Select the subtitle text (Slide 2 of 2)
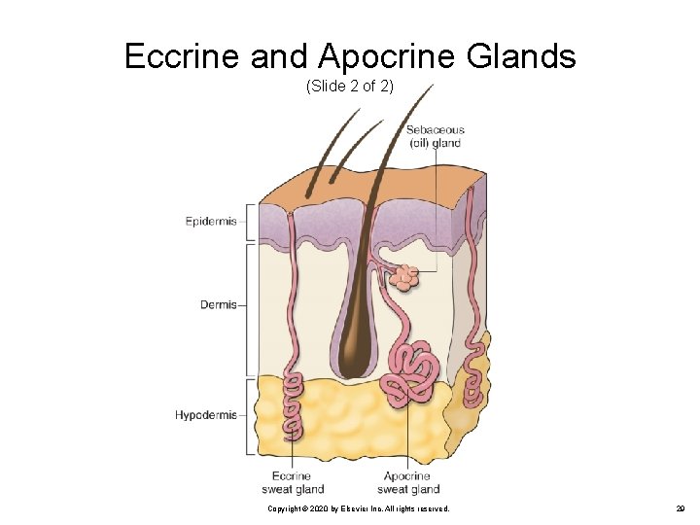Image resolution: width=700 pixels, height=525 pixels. point(349,87)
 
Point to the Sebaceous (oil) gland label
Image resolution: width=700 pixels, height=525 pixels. point(435,136)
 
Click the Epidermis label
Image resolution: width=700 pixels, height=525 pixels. point(211,222)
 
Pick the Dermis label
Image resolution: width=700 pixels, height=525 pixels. point(219,304)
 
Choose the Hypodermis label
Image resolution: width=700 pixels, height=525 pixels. point(205,415)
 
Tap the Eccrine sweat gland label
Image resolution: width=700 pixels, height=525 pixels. point(292,482)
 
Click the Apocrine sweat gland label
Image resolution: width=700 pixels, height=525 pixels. point(407,482)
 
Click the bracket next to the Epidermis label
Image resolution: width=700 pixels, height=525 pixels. point(250,222)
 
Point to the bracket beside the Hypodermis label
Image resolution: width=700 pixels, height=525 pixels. point(250,415)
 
